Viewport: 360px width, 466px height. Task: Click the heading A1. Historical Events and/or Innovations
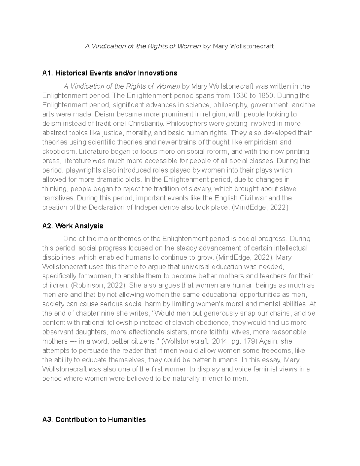(109, 73)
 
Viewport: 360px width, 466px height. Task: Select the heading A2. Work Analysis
(73, 226)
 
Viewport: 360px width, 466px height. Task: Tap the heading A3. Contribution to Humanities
(94, 419)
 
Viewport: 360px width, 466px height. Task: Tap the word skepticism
(58, 152)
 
